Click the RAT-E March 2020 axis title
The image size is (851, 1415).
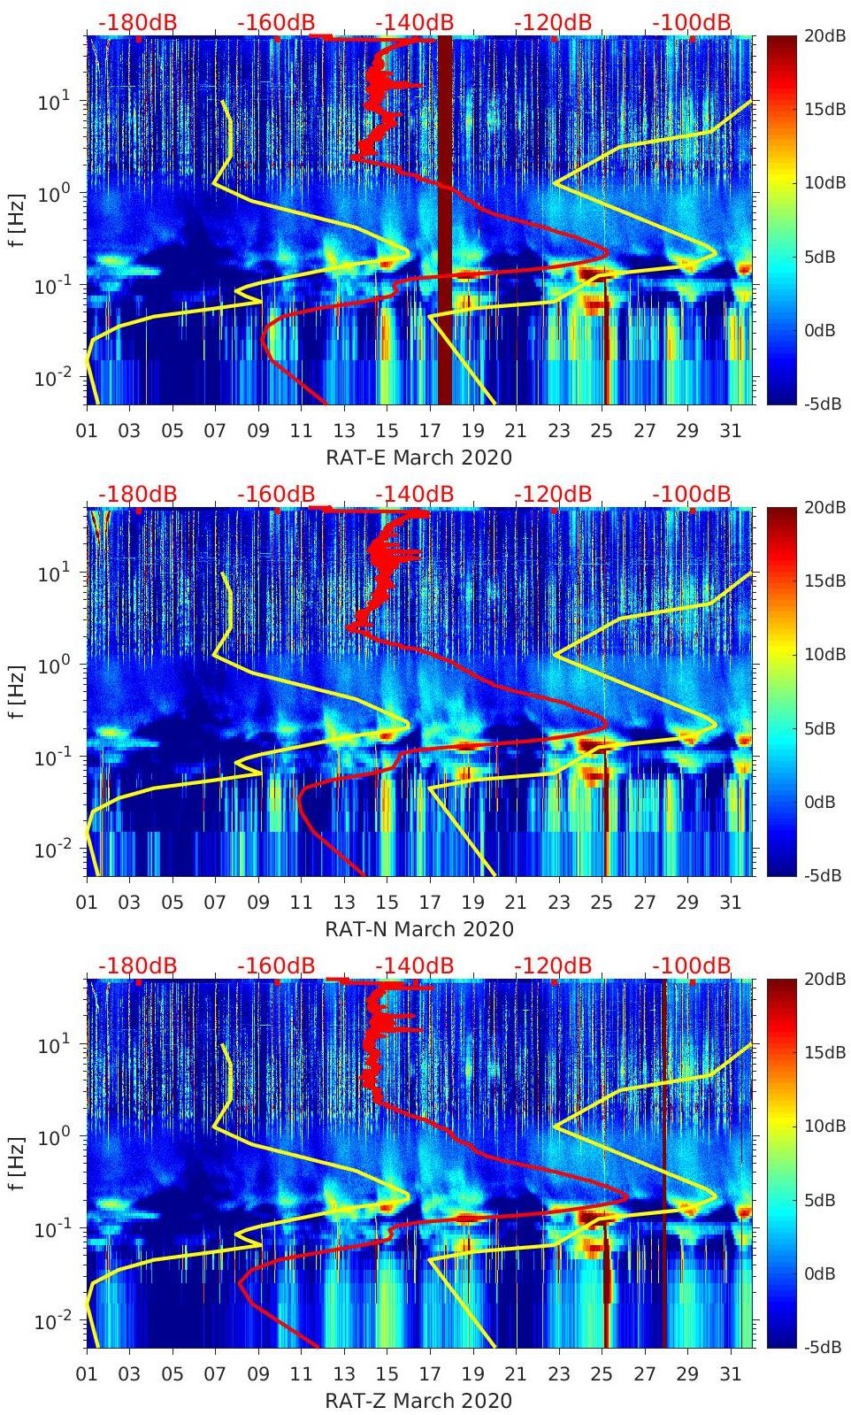coord(418,457)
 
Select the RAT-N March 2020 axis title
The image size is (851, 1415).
coord(418,928)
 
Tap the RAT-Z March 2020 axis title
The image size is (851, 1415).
coord(418,1400)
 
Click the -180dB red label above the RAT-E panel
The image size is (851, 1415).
coord(137,22)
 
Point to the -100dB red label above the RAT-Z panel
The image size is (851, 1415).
coord(692,965)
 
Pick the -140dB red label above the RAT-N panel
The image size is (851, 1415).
coord(414,494)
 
